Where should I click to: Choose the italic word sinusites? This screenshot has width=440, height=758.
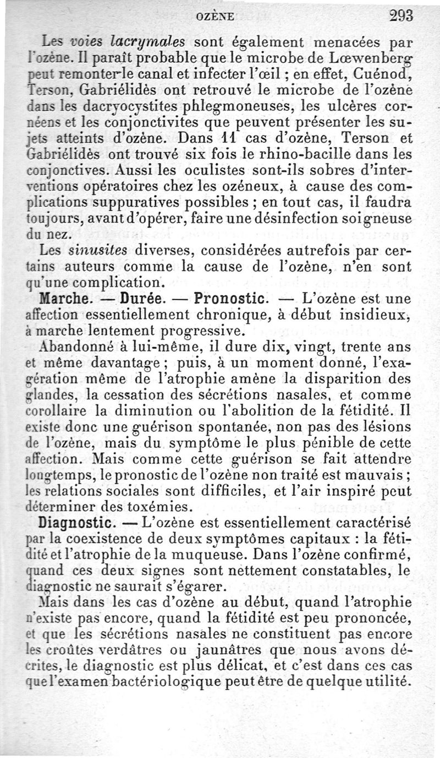(x=98, y=251)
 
